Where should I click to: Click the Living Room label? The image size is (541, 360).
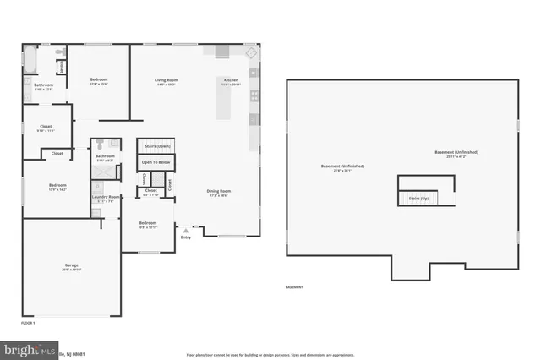tap(166, 81)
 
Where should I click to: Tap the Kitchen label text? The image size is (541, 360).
tap(231, 81)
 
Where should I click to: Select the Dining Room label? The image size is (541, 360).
tap(219, 191)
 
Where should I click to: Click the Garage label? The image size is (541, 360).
tap(72, 265)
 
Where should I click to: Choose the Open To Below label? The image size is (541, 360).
tap(156, 161)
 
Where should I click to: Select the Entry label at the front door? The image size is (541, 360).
tap(186, 237)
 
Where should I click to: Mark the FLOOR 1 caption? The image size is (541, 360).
tap(29, 323)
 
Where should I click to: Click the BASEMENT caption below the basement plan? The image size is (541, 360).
tap(294, 287)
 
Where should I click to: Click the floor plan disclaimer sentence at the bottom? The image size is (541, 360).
tap(270, 353)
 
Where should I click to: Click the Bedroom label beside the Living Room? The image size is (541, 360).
tap(99, 81)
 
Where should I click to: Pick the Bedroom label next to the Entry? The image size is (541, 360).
tap(147, 224)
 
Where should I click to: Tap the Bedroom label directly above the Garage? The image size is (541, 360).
tap(57, 186)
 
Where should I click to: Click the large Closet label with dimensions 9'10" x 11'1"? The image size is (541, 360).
tap(46, 127)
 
